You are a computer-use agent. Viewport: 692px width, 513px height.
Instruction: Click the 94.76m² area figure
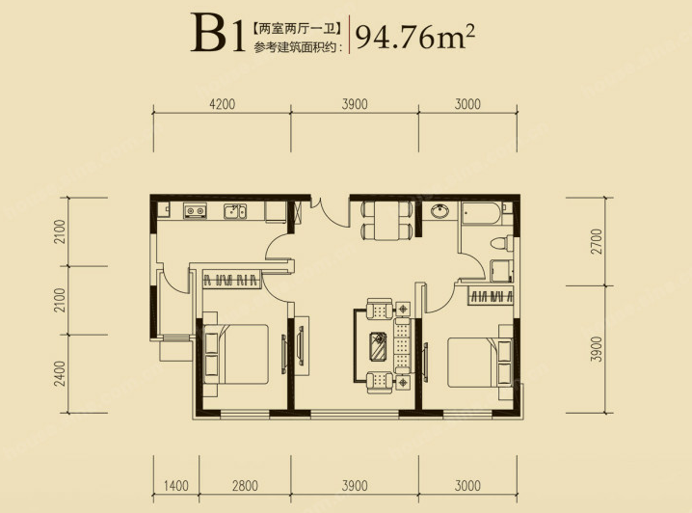pos(414,37)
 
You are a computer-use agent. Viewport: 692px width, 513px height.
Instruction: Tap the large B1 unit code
pos(218,35)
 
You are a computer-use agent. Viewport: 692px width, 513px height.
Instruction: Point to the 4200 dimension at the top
pos(223,104)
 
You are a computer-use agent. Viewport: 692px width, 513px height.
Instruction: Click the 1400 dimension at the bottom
pos(176,486)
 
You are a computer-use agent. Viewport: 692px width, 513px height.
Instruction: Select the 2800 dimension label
pos(245,486)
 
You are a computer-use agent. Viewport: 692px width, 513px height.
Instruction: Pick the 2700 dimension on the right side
pos(597,241)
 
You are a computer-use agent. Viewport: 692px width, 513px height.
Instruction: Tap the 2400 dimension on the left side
pos(60,373)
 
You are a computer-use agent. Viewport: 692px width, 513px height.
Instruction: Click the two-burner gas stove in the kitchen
pos(195,211)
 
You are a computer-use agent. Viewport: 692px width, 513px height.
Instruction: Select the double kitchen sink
pos(235,211)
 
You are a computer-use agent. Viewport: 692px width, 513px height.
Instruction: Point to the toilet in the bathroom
pos(502,243)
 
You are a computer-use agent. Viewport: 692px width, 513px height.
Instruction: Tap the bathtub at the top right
pos(483,214)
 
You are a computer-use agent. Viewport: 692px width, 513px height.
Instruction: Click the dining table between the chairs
pos(386,221)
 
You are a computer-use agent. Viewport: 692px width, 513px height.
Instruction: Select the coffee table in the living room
pos(378,346)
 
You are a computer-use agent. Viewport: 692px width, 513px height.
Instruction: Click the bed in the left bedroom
pos(236,354)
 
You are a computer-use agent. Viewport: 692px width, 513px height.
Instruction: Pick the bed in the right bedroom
pos(480,363)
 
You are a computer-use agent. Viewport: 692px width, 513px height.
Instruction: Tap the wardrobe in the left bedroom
pos(231,279)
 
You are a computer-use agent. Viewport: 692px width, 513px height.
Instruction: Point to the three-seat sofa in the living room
pos(403,345)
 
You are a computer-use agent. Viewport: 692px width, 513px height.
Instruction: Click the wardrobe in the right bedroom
pos(491,295)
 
